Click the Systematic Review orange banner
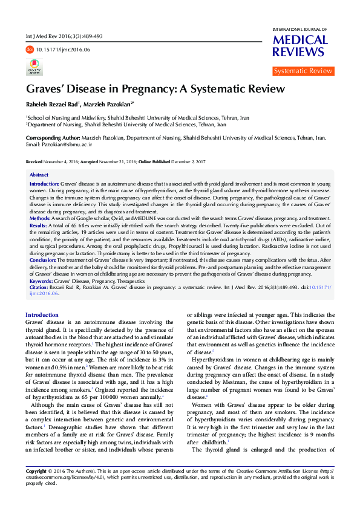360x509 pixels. [303, 71]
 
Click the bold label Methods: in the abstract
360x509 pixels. [41, 218]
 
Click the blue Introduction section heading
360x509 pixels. [42, 315]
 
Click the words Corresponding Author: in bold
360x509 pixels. [51, 138]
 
